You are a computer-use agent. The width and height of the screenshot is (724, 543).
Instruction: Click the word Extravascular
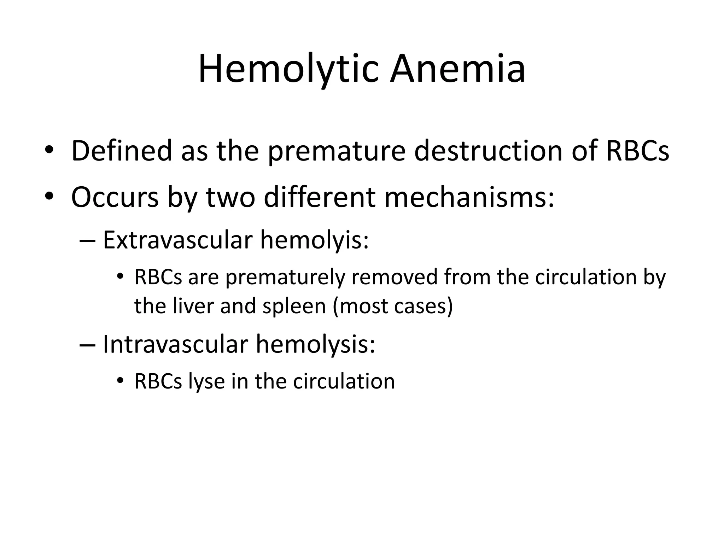(x=177, y=240)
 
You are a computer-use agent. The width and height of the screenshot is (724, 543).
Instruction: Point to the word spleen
(x=294, y=306)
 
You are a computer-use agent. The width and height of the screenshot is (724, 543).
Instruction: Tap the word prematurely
(x=285, y=278)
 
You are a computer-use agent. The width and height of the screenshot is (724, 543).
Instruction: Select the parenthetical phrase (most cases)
(x=393, y=306)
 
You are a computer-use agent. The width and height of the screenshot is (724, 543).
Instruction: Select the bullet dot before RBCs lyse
(x=120, y=380)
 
